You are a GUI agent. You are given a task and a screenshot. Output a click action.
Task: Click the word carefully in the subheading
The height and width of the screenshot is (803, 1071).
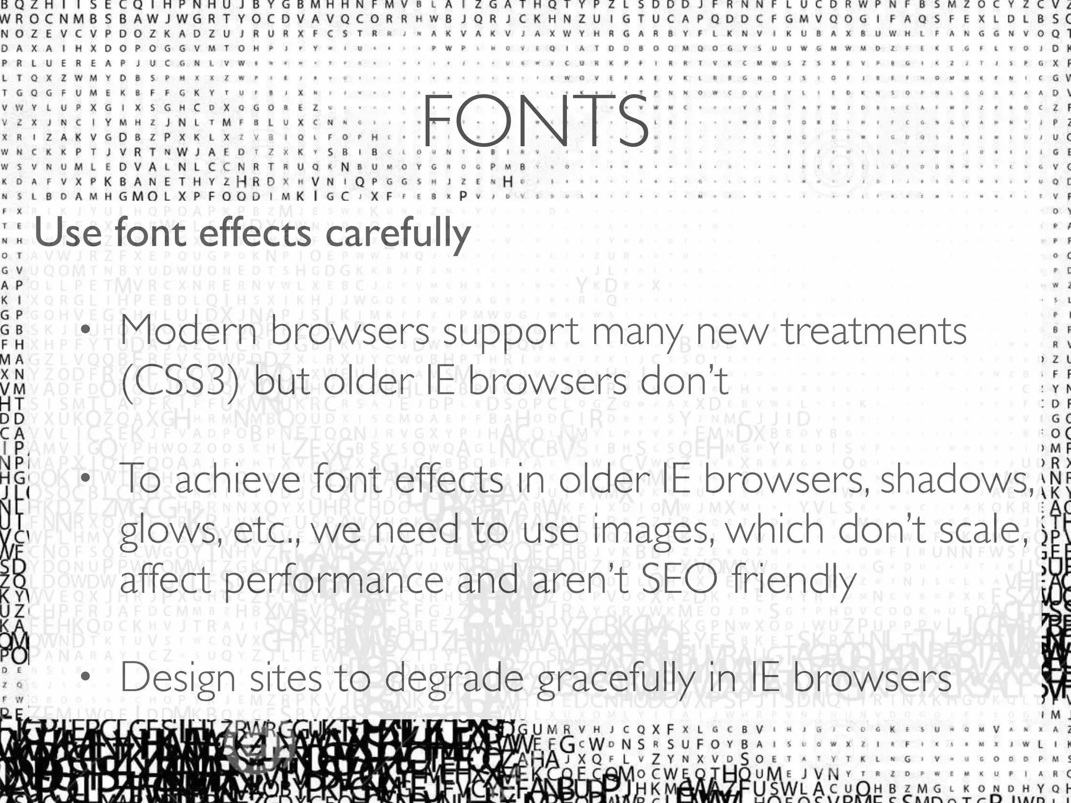tap(397, 234)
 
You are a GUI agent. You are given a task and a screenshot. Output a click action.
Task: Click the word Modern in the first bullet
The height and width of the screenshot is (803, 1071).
tap(189, 331)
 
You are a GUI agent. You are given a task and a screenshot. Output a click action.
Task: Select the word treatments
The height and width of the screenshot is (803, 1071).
tap(874, 331)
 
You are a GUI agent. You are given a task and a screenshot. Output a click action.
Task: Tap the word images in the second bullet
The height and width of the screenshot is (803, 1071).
tap(654, 530)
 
